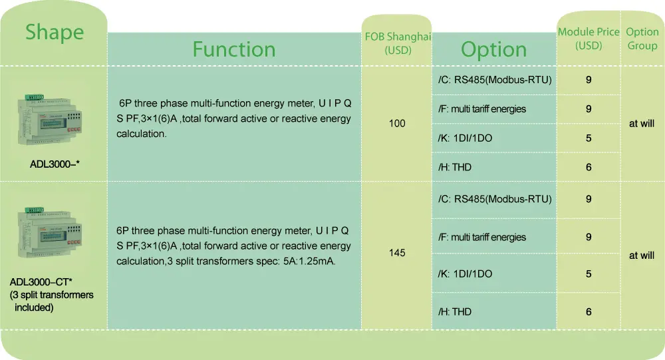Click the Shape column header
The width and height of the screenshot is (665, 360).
[55, 32]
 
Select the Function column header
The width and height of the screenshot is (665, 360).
[234, 49]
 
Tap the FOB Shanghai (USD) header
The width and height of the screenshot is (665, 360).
[398, 43]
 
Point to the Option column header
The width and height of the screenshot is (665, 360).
[493, 49]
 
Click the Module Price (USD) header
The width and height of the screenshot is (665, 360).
[589, 39]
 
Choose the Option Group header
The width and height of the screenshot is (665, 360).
[642, 39]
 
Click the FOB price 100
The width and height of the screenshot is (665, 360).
[397, 124]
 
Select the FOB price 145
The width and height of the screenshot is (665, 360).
[397, 253]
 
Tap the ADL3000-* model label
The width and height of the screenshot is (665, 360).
[55, 164]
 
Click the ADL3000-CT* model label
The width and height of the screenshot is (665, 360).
[41, 282]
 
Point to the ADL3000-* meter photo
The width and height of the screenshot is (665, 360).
[50, 120]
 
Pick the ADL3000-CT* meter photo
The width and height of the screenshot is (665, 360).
[50, 232]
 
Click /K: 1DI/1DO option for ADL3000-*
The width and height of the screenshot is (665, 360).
[465, 138]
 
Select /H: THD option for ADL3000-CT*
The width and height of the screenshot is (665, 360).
[455, 312]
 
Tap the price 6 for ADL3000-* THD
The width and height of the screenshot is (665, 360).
[589, 167]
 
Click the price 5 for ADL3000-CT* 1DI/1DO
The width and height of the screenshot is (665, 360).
[589, 274]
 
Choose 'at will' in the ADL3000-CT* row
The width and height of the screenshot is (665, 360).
[642, 256]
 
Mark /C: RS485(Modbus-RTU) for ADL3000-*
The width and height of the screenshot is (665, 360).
[495, 80]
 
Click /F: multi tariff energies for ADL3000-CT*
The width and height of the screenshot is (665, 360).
[481, 238]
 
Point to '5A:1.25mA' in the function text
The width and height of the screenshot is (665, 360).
[309, 261]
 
